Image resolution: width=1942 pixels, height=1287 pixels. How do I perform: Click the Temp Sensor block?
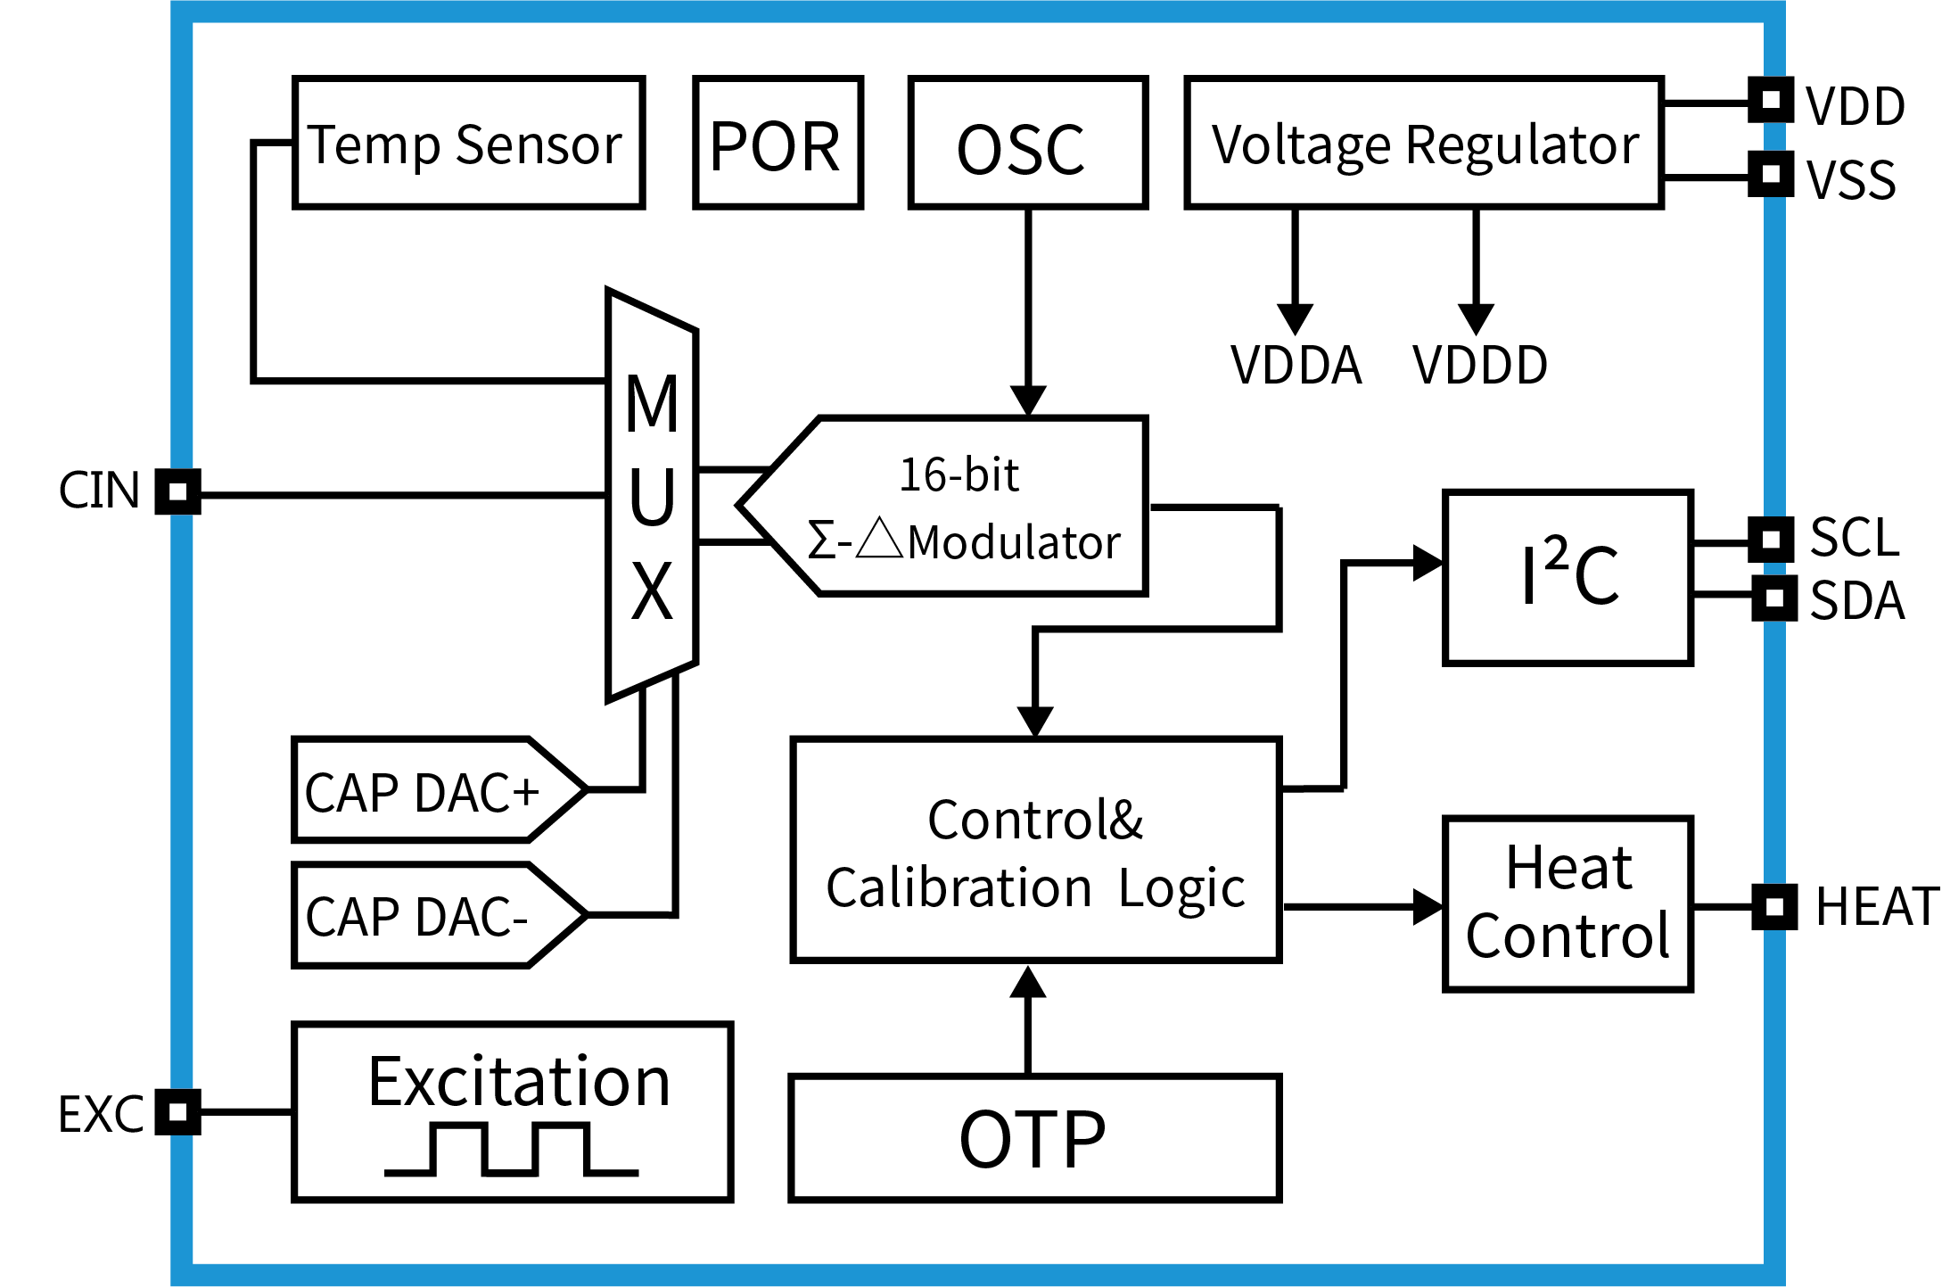(x=468, y=143)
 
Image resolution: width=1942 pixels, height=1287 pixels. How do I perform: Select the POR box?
(x=778, y=143)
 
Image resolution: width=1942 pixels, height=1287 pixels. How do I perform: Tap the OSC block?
(x=1027, y=143)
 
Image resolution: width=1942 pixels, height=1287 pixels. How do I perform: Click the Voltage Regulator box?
(x=1424, y=143)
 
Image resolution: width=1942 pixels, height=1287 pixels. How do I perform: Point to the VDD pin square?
(x=1771, y=99)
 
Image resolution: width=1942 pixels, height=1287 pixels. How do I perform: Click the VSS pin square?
(x=1771, y=174)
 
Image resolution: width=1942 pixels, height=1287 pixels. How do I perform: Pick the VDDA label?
(x=1296, y=365)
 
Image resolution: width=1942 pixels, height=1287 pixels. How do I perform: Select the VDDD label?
(x=1479, y=365)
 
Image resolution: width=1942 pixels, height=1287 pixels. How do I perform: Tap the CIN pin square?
(x=177, y=491)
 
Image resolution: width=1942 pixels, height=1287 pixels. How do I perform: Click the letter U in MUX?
(x=652, y=497)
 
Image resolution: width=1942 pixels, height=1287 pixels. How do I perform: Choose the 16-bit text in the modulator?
(x=959, y=474)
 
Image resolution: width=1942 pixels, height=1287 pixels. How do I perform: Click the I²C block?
(x=1568, y=577)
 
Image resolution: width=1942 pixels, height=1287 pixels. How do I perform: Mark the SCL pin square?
(x=1771, y=540)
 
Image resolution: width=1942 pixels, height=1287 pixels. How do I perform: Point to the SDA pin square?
(x=1773, y=598)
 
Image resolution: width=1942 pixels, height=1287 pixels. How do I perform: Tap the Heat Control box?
(x=1568, y=903)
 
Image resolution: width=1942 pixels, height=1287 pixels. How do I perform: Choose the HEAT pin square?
(x=1773, y=907)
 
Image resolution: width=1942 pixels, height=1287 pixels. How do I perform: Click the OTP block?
(x=1034, y=1138)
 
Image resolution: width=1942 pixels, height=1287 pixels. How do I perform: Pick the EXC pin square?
(x=177, y=1112)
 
